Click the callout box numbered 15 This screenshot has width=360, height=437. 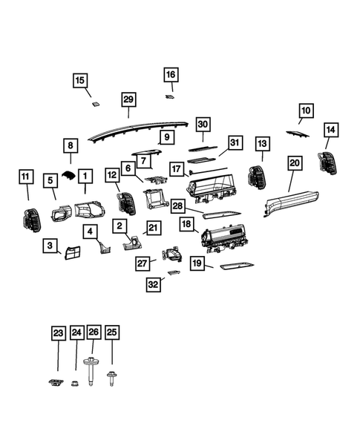tap(80, 80)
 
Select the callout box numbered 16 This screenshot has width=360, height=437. tap(171, 75)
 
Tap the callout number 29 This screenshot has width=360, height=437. tap(128, 99)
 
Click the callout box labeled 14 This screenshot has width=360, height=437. tap(330, 130)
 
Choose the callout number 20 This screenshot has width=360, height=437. tap(294, 162)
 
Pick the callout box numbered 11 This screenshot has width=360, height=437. tap(26, 177)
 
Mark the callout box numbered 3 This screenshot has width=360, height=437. tap(50, 246)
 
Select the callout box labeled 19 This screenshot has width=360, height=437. tap(197, 263)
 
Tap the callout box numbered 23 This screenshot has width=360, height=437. tap(59, 334)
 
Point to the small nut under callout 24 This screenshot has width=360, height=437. tap(76, 383)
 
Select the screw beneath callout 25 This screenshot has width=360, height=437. tap(113, 378)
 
